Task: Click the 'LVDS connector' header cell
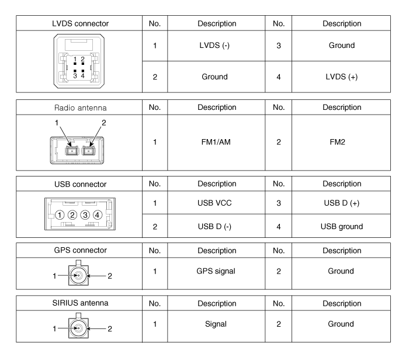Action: [x=80, y=23]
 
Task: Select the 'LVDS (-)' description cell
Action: [x=214, y=46]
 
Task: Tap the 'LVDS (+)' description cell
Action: [x=341, y=77]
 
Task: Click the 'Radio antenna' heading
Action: [x=81, y=108]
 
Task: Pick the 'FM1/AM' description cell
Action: [x=216, y=142]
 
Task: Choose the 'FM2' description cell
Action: [x=337, y=142]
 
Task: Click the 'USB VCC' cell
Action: [x=214, y=203]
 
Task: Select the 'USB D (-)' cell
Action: [x=214, y=226]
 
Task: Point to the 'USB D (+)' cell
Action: [x=341, y=203]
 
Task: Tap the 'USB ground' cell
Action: [x=342, y=226]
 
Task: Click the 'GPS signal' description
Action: [x=216, y=271]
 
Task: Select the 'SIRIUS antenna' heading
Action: [x=80, y=303]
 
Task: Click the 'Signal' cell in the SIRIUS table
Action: [x=216, y=324]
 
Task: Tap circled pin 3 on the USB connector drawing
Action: [x=85, y=215]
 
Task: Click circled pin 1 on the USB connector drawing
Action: [x=60, y=215]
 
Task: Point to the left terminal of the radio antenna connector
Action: [x=72, y=151]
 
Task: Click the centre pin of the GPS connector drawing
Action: [x=78, y=275]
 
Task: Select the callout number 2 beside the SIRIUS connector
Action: [x=110, y=328]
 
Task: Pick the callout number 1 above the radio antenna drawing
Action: [x=56, y=123]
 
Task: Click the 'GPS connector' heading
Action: [x=81, y=250]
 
